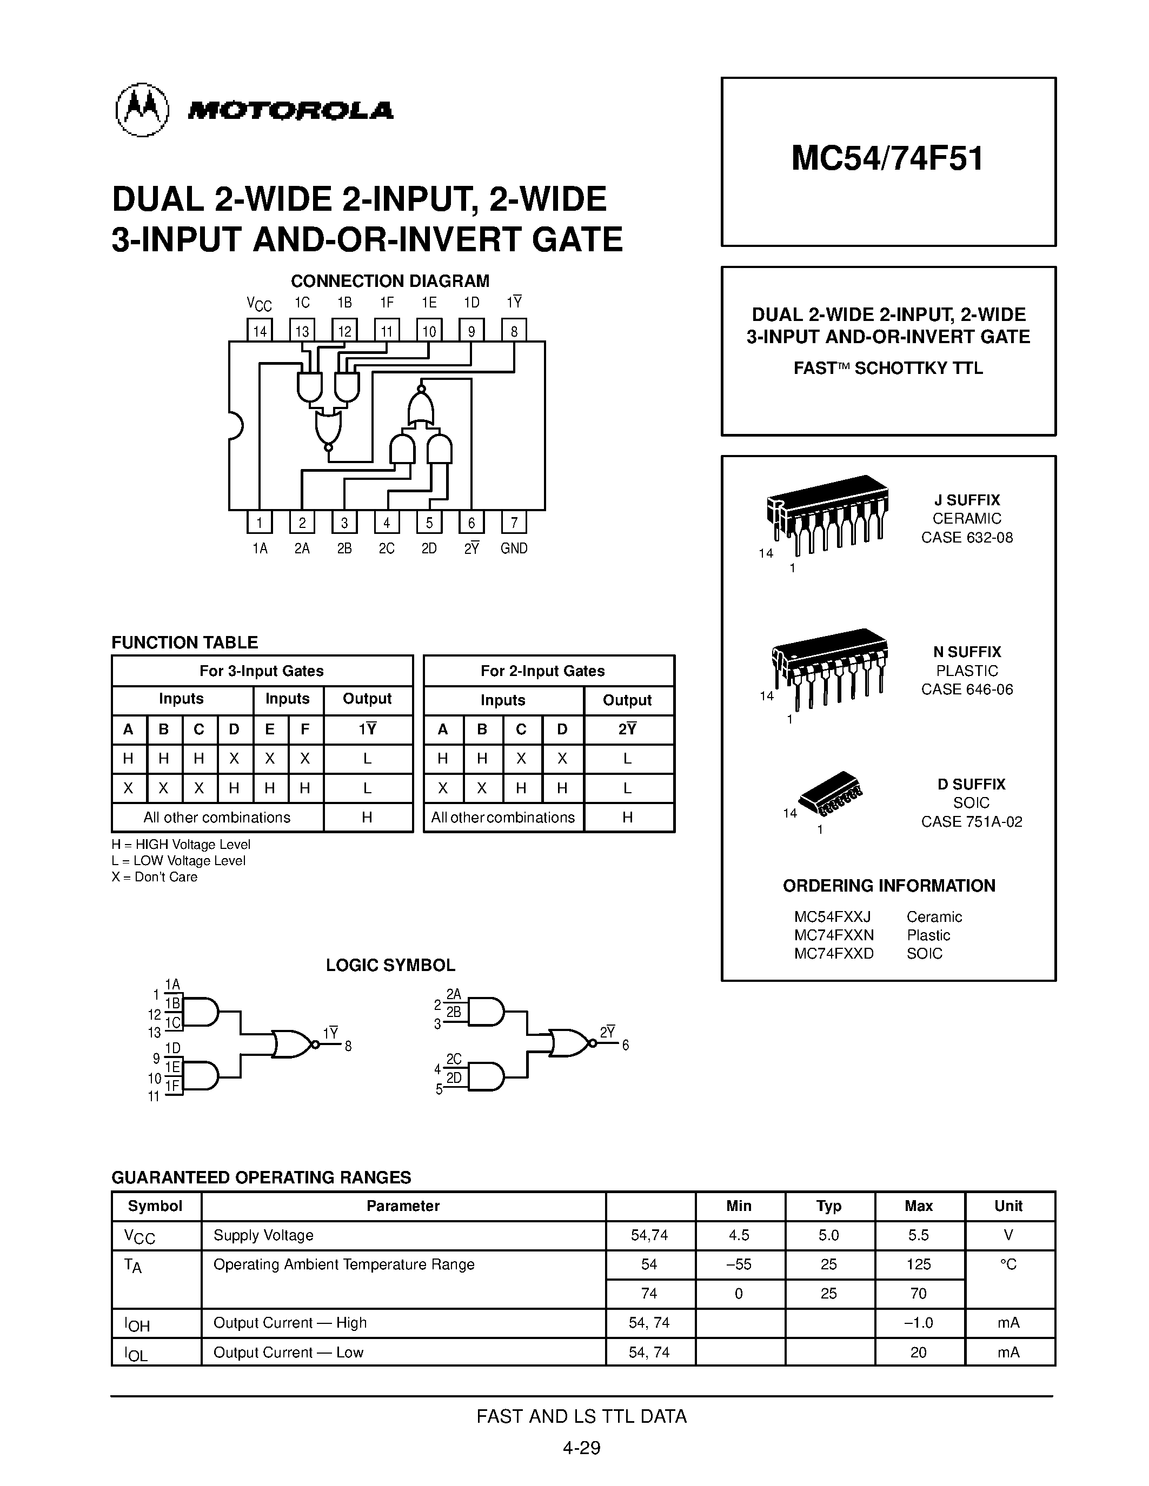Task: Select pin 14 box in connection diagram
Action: click(x=260, y=331)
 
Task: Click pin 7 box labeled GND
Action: click(x=514, y=522)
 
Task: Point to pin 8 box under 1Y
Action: click(x=514, y=331)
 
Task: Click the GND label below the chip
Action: click(x=514, y=548)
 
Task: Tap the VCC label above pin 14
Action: click(x=258, y=304)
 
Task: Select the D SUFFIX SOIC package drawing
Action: click(x=831, y=793)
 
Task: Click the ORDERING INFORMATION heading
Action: click(x=888, y=886)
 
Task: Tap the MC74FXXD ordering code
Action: click(x=833, y=953)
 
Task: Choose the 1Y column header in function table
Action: click(x=368, y=729)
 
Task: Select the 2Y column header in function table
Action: click(x=628, y=729)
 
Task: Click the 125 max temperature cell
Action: click(x=918, y=1264)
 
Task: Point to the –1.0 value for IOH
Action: click(x=918, y=1323)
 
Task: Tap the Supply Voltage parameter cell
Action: click(x=263, y=1235)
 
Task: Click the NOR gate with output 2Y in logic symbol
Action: click(x=569, y=1042)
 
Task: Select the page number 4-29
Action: click(x=581, y=1448)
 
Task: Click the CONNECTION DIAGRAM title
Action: click(x=389, y=281)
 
